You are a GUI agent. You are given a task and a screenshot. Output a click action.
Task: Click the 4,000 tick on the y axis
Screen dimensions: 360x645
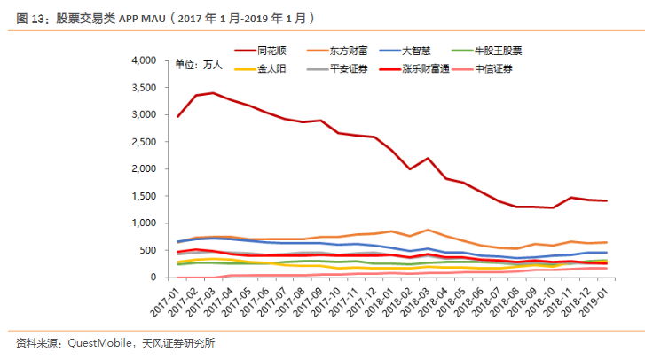coord(143,60)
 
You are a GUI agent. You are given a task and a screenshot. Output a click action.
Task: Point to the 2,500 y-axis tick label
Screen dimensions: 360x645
coord(143,142)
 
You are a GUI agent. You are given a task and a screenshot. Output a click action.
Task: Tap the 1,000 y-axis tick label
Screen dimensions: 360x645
coord(143,223)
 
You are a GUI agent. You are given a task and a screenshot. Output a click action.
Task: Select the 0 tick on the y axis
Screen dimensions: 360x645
coord(153,278)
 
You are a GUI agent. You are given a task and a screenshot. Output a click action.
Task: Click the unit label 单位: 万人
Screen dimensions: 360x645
coord(198,65)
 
